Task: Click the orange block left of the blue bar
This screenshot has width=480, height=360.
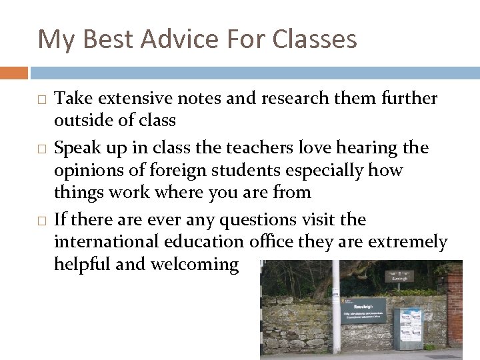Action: click(x=14, y=73)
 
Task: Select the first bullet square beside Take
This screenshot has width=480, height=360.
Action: click(x=41, y=99)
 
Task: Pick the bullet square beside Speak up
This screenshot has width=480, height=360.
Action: click(x=41, y=148)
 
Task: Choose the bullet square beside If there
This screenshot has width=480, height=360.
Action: click(x=41, y=220)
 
